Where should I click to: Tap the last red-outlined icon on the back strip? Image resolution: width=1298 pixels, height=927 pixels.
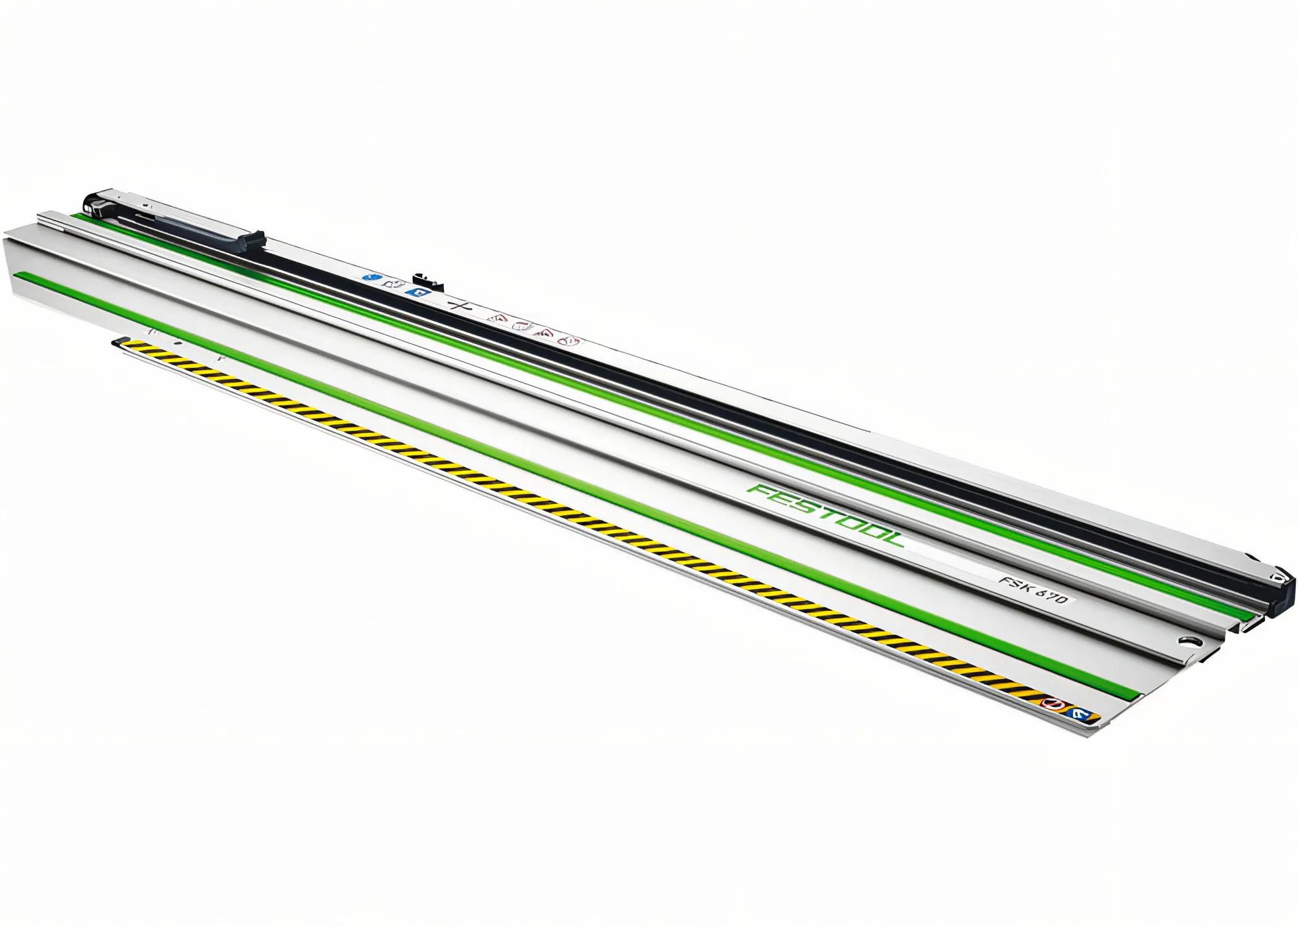(568, 340)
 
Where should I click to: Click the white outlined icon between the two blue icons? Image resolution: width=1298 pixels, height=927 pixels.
(390, 283)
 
